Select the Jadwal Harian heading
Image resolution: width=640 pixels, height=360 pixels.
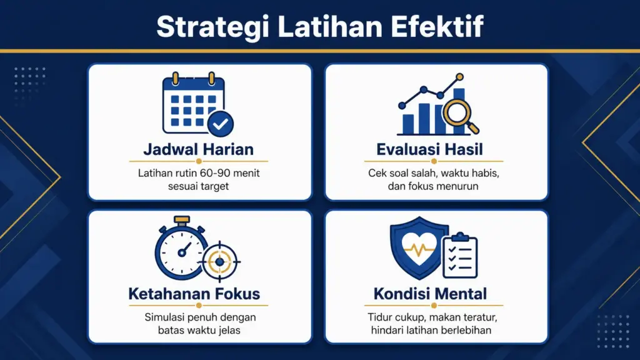[198, 149]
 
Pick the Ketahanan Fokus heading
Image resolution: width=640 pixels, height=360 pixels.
[194, 293]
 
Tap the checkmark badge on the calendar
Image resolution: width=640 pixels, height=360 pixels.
[220, 124]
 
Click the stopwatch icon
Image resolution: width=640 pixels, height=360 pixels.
[181, 249]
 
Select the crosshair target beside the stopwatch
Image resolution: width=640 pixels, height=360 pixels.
[219, 261]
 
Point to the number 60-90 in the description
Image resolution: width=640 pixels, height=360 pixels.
[211, 173]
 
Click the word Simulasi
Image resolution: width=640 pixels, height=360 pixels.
[164, 317]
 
